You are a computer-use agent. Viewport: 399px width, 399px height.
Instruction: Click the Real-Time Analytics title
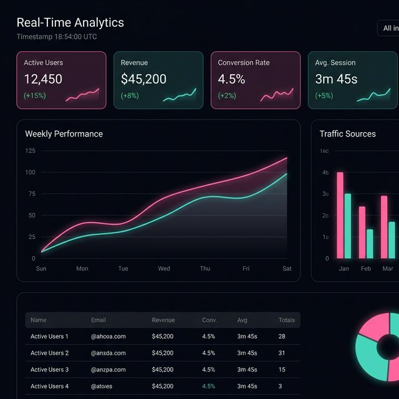point(70,22)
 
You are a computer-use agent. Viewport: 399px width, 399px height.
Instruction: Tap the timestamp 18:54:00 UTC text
point(57,37)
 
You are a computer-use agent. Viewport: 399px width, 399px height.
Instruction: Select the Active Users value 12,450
point(43,79)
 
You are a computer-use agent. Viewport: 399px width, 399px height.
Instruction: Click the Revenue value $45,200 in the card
point(143,79)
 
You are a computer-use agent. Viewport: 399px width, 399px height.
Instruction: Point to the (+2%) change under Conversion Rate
point(228,96)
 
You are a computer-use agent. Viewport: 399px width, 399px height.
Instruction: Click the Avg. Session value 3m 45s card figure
point(336,79)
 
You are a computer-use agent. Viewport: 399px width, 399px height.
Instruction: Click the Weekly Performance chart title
point(64,134)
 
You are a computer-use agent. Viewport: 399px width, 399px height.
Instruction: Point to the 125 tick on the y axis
point(30,151)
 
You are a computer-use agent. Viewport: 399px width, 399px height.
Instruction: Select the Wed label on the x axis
point(164,269)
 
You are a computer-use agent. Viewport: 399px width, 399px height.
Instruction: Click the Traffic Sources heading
point(347,134)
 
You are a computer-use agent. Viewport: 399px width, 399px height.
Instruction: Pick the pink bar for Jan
point(340,215)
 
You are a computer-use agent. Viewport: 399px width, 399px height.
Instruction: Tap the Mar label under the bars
point(388,269)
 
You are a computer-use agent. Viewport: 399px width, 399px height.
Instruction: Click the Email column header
point(99,320)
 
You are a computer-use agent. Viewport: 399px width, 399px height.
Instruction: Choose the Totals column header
point(286,320)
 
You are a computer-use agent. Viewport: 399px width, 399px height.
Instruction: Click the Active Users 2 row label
point(49,353)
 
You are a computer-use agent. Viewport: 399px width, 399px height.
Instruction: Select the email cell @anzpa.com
point(108,370)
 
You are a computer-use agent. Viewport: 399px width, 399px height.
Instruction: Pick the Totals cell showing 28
point(282,337)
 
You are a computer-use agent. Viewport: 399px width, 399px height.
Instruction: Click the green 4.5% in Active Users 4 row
point(208,387)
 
